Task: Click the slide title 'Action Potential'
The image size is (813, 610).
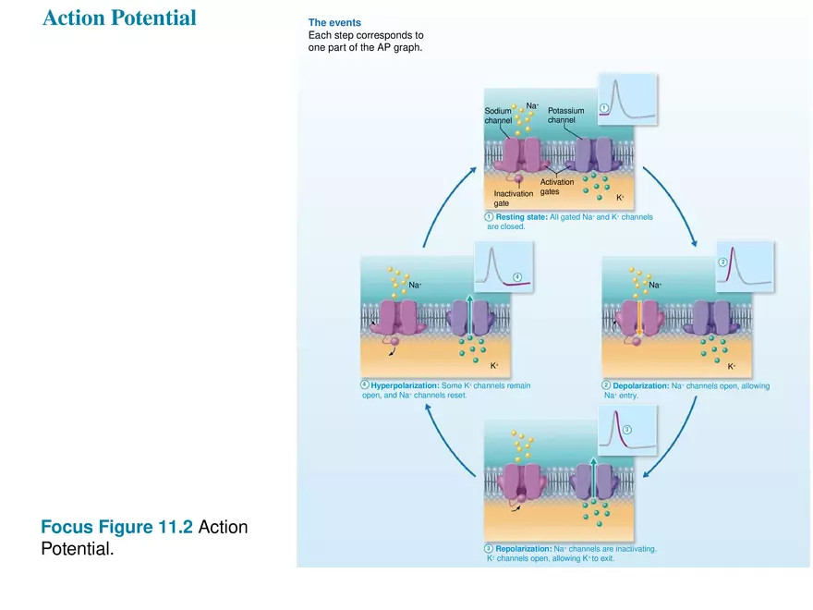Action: point(119,18)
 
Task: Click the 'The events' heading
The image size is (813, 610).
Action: point(334,22)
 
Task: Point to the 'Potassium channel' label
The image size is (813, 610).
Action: point(565,116)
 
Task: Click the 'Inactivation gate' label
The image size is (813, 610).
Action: point(513,198)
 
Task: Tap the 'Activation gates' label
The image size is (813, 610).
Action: point(556,187)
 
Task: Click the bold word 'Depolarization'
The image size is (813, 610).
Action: point(642,385)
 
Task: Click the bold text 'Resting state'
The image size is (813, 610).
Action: point(521,216)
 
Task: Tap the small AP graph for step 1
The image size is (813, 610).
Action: point(626,99)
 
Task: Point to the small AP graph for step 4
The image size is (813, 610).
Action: point(504,267)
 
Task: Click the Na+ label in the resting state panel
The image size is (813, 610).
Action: point(533,106)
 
